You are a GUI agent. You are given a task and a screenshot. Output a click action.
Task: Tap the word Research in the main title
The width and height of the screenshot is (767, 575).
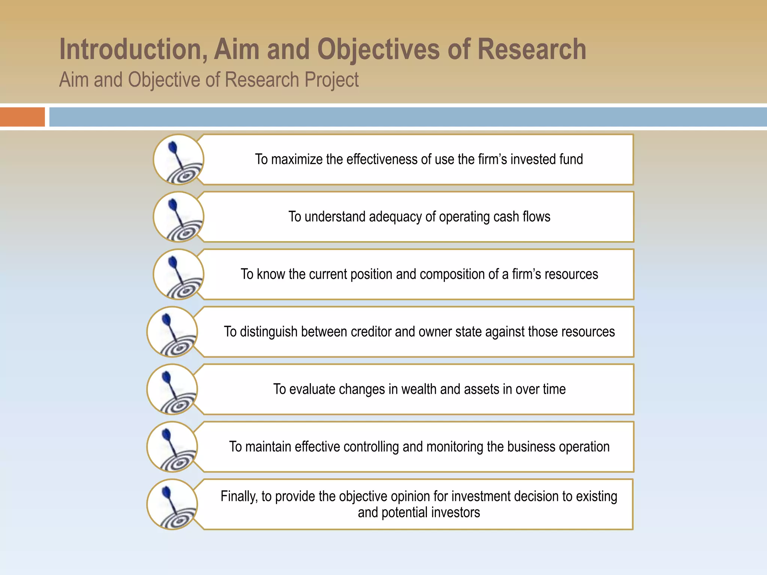(531, 49)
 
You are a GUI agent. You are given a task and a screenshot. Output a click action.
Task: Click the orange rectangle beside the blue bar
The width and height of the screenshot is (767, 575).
(22, 117)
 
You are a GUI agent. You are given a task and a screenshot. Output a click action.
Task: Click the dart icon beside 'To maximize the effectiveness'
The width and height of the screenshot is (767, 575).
(179, 159)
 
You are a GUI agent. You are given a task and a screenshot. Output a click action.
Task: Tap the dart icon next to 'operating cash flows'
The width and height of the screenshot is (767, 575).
(179, 217)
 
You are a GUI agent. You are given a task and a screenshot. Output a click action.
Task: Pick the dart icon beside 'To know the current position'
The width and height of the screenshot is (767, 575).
(179, 274)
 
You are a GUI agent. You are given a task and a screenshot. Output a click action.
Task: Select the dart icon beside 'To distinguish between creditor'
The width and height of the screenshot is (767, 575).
(172, 332)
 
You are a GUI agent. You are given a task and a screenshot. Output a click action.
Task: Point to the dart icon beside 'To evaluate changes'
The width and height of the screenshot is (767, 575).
(172, 389)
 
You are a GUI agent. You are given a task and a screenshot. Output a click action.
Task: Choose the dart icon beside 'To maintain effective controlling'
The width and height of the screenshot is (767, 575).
(172, 447)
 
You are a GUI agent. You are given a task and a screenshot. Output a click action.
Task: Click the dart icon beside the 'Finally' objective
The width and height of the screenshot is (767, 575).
(172, 504)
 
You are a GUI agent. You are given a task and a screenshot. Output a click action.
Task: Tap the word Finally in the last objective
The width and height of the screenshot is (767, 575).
(239, 497)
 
